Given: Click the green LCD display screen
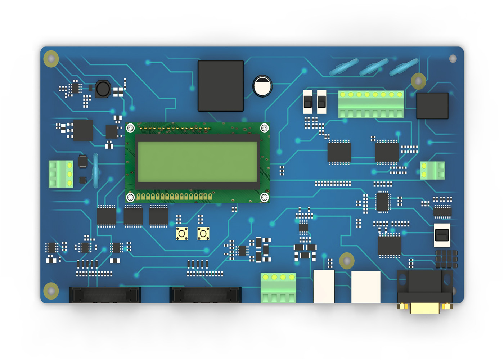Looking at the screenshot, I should (197, 162).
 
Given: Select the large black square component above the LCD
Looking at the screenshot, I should (221, 86).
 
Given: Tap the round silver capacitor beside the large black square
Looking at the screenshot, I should (262, 86).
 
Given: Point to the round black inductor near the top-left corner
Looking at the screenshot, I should (103, 89).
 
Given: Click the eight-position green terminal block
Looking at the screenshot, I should (371, 104).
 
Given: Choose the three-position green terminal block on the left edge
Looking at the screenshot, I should (61, 174).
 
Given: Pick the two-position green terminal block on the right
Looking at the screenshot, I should (433, 170).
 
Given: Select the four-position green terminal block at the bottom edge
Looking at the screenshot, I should (278, 288).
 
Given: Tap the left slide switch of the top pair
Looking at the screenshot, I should (308, 102).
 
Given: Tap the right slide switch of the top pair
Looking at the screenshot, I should (322, 102).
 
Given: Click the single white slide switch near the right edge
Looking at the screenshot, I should (442, 235).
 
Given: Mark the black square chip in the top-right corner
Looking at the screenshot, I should (432, 106).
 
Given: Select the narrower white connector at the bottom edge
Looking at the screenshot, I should (324, 286).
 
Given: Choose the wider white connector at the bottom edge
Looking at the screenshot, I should (366, 287).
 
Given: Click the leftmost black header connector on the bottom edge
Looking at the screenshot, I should (105, 295).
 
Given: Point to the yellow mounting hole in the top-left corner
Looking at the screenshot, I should (51, 58).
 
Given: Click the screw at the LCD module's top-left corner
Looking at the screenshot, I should (130, 128).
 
